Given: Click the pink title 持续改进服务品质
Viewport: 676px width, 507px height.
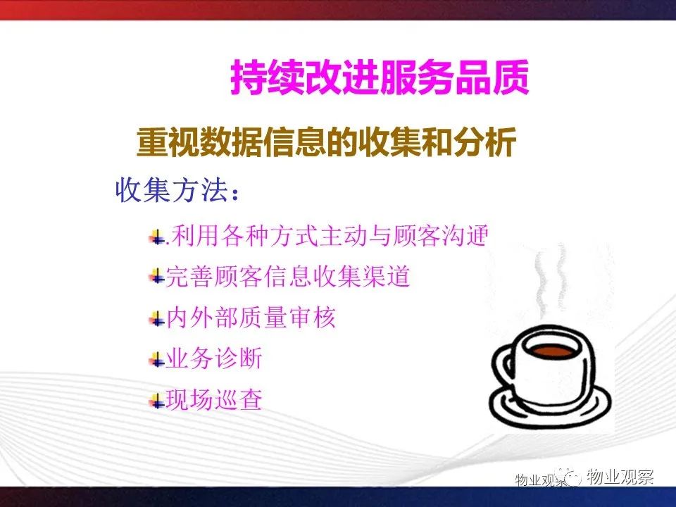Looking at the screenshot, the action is pos(380,77).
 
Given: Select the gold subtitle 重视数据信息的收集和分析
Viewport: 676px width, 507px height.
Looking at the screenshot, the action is pos(326,142).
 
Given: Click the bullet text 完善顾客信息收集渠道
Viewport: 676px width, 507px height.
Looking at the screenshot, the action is pos(287,276).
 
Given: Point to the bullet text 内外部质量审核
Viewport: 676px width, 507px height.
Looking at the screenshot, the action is pos(251,318).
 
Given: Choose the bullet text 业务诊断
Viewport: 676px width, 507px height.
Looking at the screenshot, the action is pos(214,358).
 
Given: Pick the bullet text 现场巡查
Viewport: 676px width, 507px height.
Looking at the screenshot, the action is pos(214,400).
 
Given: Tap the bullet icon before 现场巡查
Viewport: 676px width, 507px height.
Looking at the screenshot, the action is pos(157,401).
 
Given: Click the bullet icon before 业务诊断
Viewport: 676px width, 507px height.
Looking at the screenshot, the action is pos(157,360).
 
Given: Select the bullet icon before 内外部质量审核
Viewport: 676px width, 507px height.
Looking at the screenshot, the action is pos(157,320).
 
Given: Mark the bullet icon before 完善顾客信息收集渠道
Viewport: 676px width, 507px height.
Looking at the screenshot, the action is pos(157,276).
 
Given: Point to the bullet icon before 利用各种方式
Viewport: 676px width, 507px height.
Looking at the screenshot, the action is pos(157,237).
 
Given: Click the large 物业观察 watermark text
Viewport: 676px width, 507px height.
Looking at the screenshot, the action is pos(620,477).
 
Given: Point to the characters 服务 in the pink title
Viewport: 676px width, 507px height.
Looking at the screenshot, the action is pos(417,77).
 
